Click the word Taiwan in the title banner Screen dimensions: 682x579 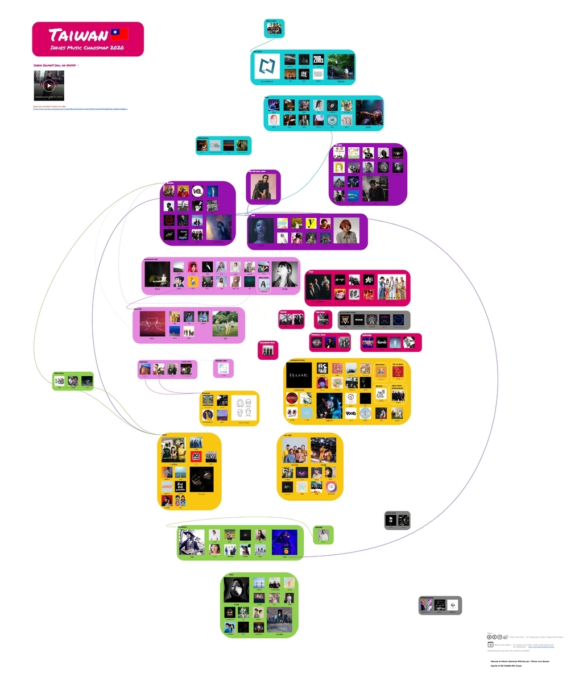click(x=78, y=35)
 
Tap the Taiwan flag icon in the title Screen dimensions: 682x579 click(x=119, y=34)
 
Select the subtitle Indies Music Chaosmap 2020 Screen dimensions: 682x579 click(x=87, y=48)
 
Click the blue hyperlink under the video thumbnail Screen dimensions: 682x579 click(x=80, y=109)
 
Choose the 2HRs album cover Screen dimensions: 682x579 click(x=318, y=60)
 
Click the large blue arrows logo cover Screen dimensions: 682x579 click(x=267, y=66)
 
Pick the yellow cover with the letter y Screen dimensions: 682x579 click(x=311, y=223)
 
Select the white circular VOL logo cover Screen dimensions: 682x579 click(x=197, y=191)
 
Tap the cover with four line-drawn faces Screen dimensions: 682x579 click(x=244, y=407)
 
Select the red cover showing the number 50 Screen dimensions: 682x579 click(x=196, y=456)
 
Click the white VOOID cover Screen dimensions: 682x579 click(x=351, y=413)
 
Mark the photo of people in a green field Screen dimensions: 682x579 click(x=225, y=324)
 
